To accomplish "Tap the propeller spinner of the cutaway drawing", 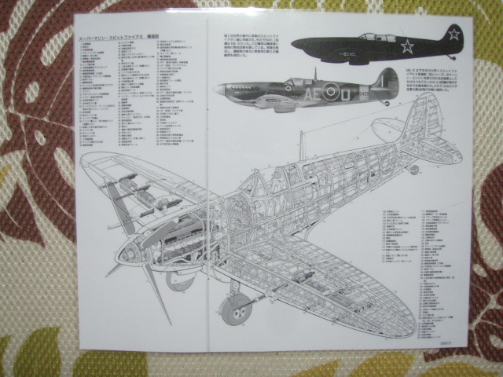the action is (127, 254).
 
